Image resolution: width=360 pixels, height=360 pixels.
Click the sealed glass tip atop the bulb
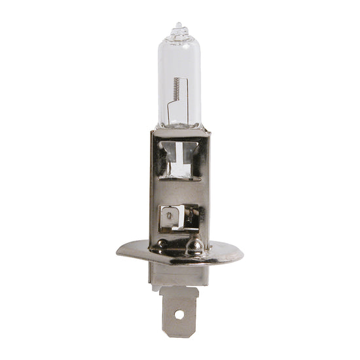pyautogui.click(x=179, y=29)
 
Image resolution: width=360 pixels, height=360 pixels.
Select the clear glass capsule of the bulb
pyautogui.click(x=180, y=72)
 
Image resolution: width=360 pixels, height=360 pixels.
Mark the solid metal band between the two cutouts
pyautogui.click(x=179, y=191)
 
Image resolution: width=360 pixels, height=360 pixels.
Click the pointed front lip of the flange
pyautogui.click(x=179, y=264)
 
